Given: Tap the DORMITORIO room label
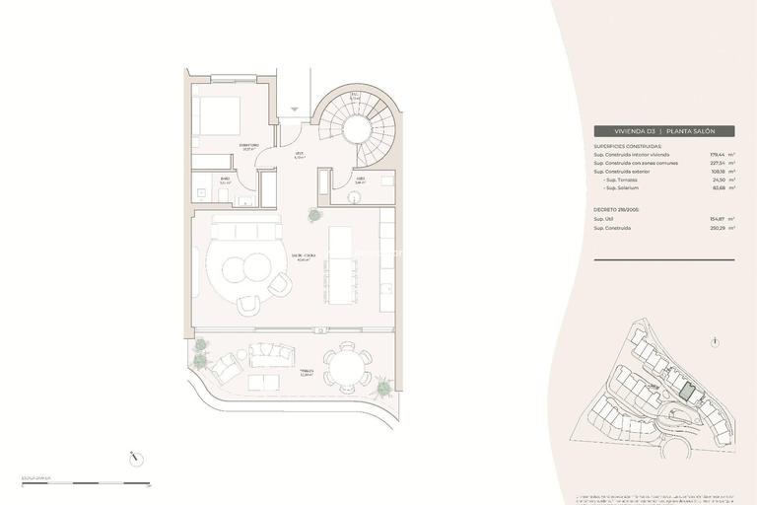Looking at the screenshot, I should click(x=249, y=147).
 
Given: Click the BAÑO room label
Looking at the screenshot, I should click(x=226, y=180).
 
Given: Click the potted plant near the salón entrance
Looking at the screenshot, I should click(x=314, y=214).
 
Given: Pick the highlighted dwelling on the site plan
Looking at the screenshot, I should click(x=690, y=393).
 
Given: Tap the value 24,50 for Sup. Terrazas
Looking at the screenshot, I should click(x=718, y=180).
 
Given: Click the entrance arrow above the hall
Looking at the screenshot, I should click(x=295, y=109).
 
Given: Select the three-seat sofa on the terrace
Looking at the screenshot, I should click(x=271, y=352).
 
